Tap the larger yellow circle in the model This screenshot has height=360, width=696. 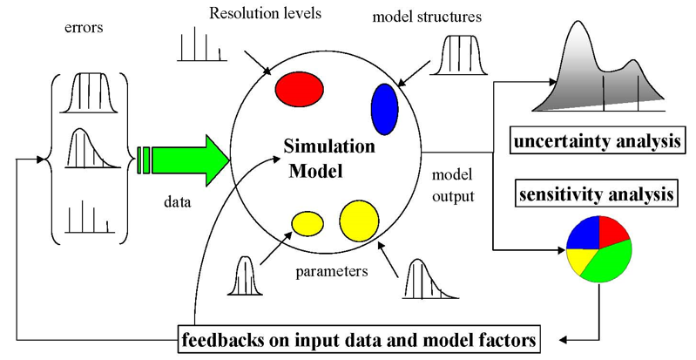[358, 221]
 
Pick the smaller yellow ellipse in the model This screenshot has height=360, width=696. [308, 224]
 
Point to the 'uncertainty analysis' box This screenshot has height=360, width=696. [598, 142]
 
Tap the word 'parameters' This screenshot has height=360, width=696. [332, 270]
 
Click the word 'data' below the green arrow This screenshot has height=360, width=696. [178, 201]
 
